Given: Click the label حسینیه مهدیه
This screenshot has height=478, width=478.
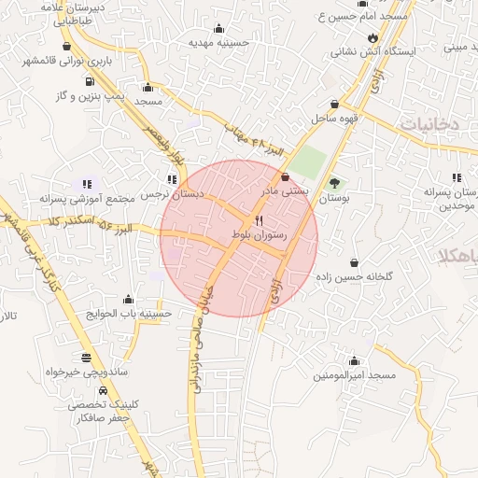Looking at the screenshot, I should [x=217, y=42].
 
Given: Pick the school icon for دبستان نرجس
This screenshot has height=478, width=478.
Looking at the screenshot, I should [x=171, y=179].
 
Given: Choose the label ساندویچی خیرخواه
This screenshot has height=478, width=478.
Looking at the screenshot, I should [x=86, y=372].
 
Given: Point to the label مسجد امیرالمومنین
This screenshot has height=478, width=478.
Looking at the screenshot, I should [x=355, y=374].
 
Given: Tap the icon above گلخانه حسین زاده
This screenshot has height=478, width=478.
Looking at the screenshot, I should [x=354, y=262].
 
